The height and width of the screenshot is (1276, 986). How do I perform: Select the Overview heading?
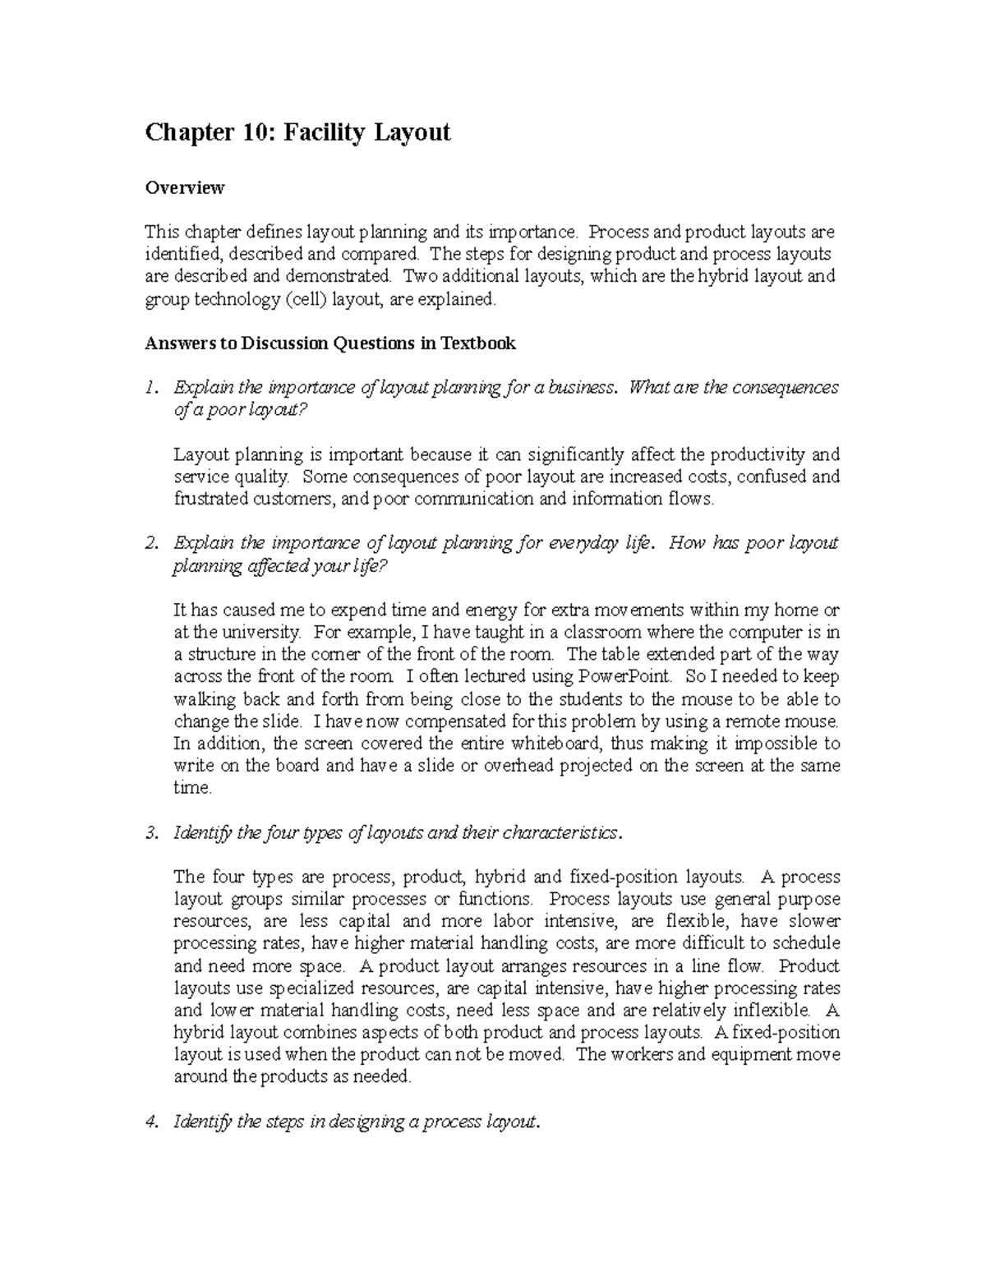tap(185, 188)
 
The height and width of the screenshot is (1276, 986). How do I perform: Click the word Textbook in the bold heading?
tap(478, 343)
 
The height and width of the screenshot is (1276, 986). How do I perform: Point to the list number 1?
tap(150, 387)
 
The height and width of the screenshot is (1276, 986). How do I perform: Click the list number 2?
tap(150, 543)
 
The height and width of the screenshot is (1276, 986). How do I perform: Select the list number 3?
tap(150, 833)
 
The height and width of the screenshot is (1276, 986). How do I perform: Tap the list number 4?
tap(150, 1122)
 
